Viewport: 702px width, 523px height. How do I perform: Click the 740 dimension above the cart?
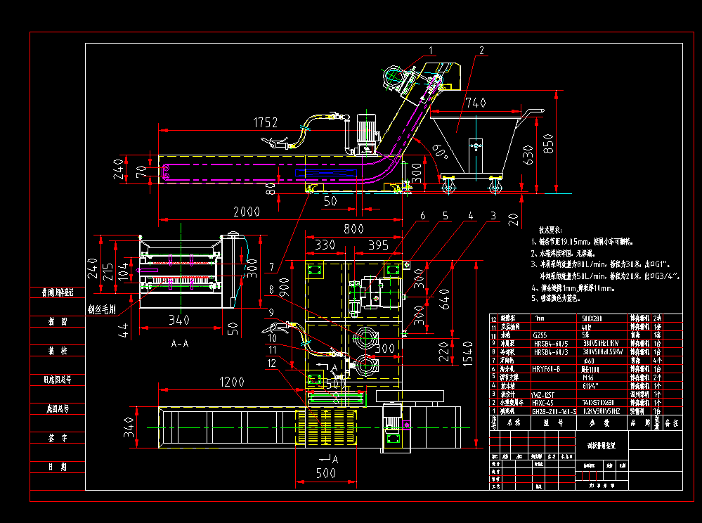(475, 103)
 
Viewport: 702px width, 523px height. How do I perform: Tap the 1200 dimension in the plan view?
(231, 382)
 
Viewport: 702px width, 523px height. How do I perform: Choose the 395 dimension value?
(378, 245)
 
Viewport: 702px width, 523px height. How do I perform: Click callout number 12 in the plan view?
(272, 363)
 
